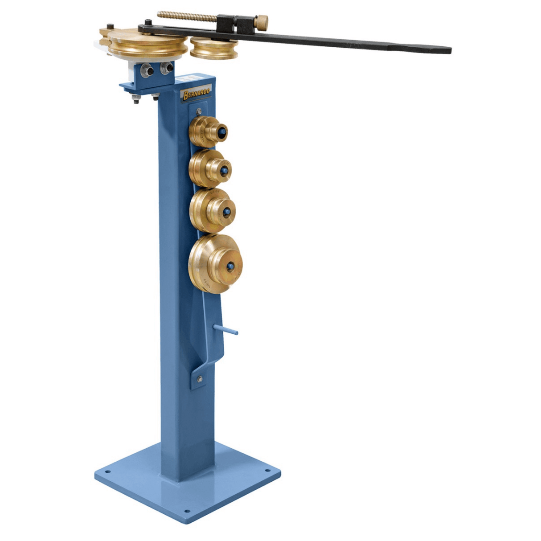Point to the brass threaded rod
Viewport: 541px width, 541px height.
[x=187, y=16]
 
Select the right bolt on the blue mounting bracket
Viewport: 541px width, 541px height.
[x=167, y=68]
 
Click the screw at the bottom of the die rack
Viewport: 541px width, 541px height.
[x=199, y=379]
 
